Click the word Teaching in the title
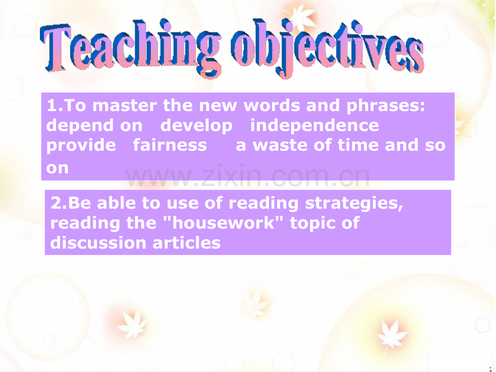130,48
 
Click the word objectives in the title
327,48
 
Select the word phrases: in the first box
386,106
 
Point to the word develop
196,126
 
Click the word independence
314,126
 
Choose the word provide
81,146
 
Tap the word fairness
170,145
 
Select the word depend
80,126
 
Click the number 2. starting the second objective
59,203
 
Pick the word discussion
98,243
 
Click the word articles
187,243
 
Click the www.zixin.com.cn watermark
247,176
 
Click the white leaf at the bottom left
132,323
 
